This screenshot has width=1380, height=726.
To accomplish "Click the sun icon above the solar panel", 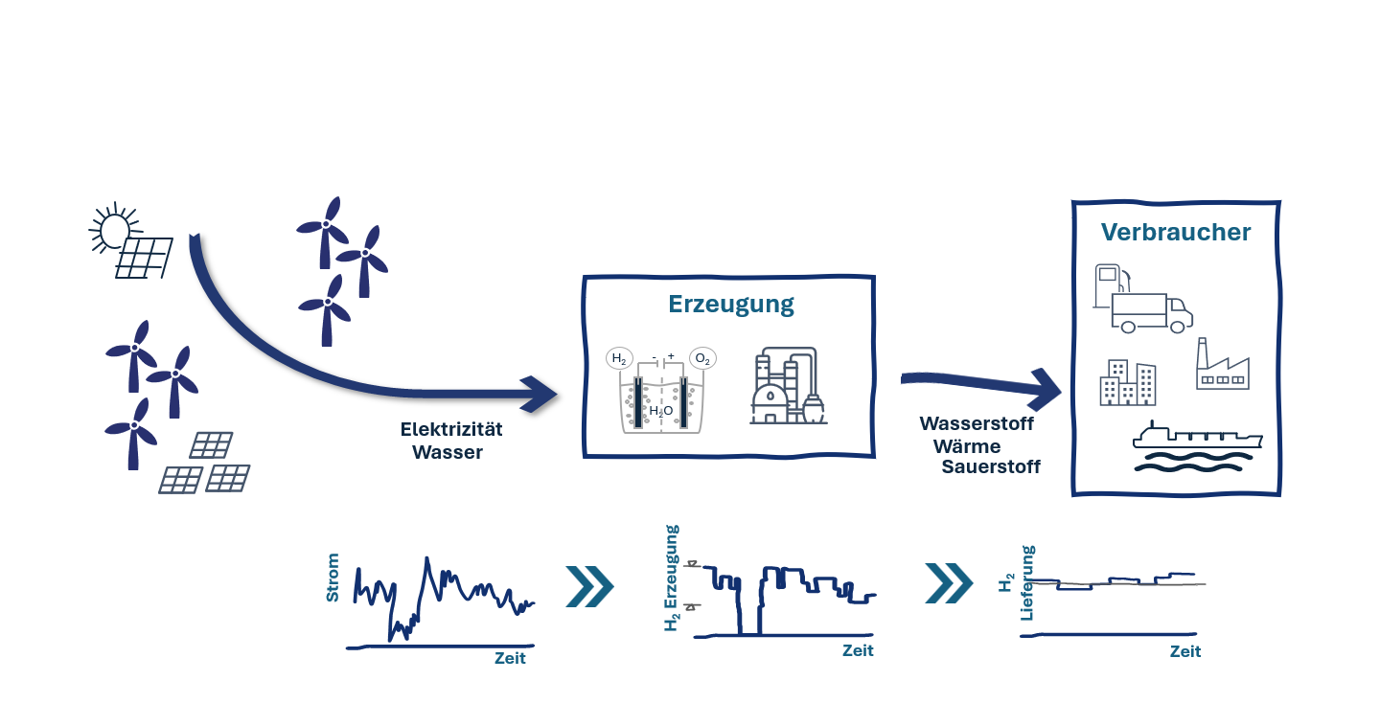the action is click(x=114, y=229).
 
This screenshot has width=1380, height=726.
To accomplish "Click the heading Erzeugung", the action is click(x=731, y=305).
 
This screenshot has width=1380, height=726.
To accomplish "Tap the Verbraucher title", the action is click(x=1176, y=232).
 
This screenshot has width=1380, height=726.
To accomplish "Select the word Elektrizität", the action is click(x=451, y=429).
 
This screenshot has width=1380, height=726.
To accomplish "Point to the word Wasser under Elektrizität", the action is click(x=448, y=453).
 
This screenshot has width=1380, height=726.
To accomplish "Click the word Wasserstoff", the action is click(x=977, y=423).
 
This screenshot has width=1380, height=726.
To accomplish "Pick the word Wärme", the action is click(x=967, y=445).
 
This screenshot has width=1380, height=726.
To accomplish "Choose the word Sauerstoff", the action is click(x=991, y=466).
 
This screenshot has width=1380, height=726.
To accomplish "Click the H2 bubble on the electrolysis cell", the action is click(x=619, y=358).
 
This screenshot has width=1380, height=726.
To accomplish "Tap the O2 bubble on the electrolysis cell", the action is click(x=702, y=358).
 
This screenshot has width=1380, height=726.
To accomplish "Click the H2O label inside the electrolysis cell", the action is click(x=661, y=411).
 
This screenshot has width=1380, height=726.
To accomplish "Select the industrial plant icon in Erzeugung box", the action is click(x=788, y=385).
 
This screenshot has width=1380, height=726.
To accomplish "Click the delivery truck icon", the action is click(x=1152, y=313).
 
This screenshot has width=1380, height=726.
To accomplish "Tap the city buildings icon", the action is click(x=1128, y=383).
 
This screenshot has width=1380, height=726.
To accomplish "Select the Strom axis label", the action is click(x=333, y=578).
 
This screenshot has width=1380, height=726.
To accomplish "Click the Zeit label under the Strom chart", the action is click(x=510, y=658).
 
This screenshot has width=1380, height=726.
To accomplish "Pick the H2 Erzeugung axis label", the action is click(x=672, y=578).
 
